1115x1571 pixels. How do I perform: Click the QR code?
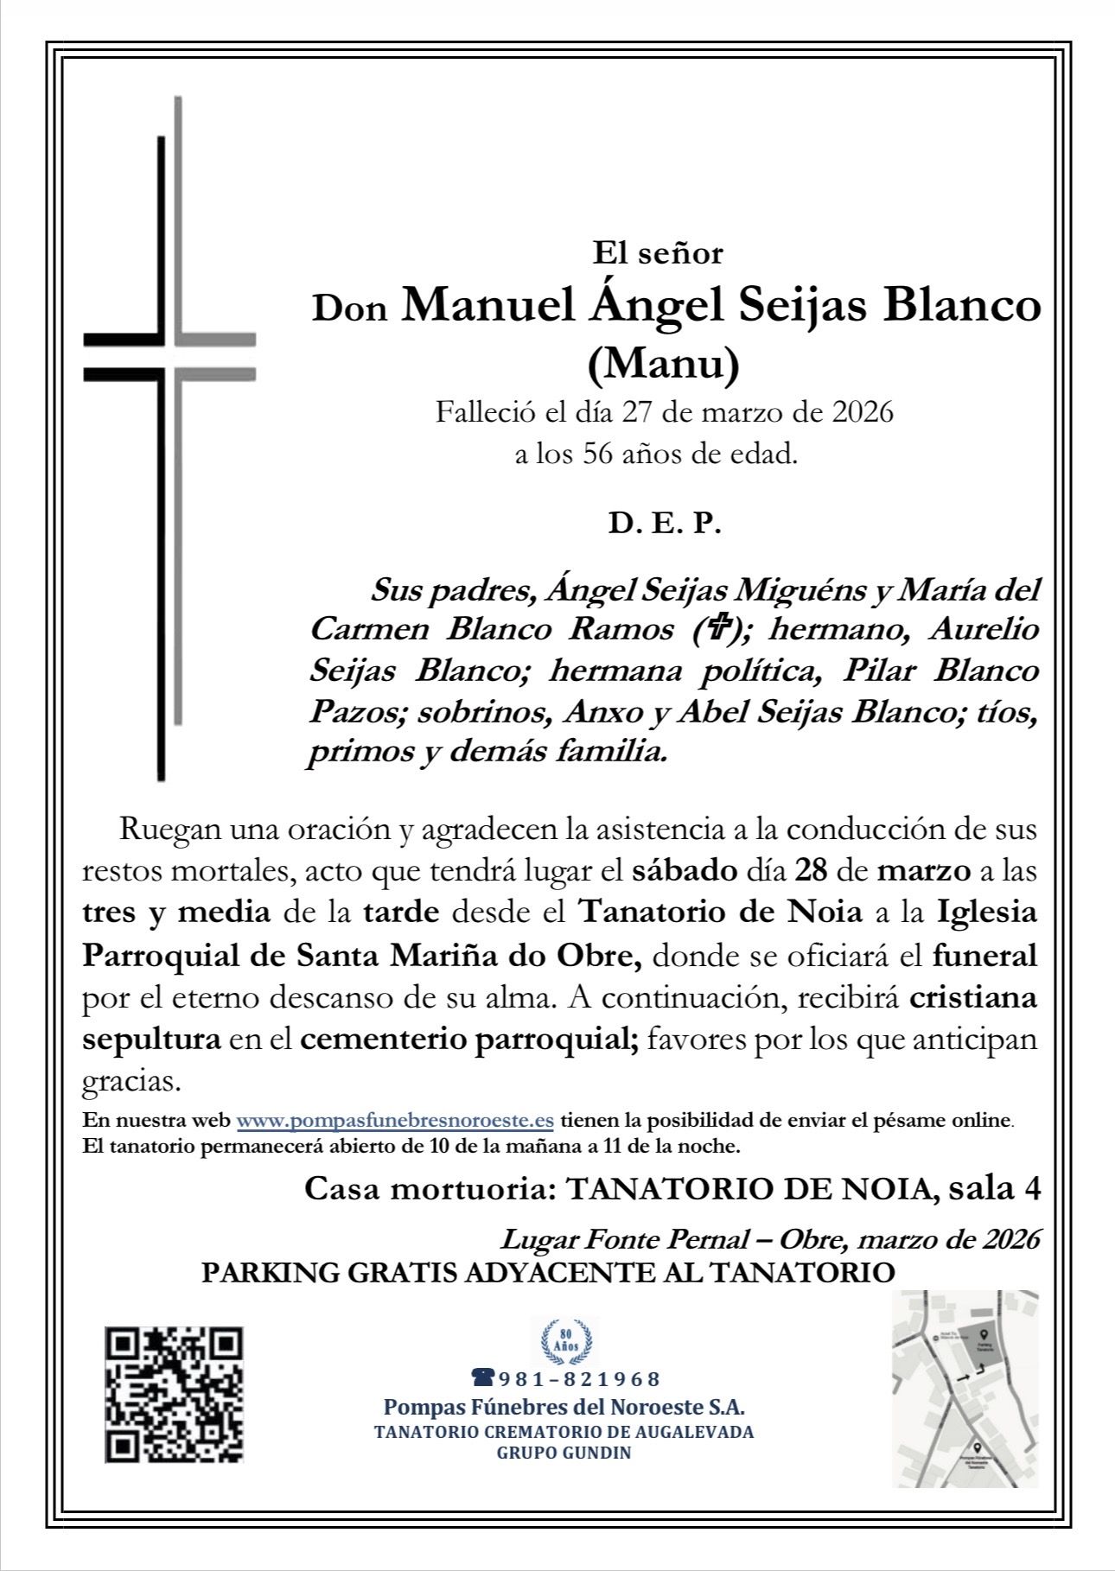tap(174, 1395)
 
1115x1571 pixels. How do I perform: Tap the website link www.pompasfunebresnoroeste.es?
tap(395, 1121)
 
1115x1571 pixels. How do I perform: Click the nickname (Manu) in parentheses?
tap(663, 364)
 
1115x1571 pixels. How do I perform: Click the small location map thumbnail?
tap(965, 1389)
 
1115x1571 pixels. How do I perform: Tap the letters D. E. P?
tap(664, 524)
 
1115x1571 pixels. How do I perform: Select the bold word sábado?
tap(685, 869)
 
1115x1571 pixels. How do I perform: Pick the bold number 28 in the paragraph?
tap(811, 869)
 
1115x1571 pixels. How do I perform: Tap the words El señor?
tap(657, 253)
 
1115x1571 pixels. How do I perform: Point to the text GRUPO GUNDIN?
tap(564, 1453)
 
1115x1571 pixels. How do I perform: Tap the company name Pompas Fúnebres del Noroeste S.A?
tap(564, 1406)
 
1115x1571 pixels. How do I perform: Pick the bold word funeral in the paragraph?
tap(984, 956)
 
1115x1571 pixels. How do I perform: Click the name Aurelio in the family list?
tap(983, 628)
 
